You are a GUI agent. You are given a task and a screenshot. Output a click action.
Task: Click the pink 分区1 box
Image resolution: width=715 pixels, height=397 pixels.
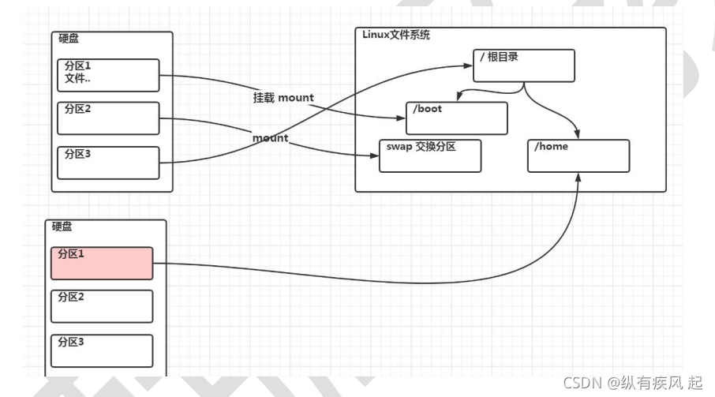[102, 263]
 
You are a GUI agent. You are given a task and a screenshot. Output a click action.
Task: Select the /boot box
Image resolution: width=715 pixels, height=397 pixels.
[456, 118]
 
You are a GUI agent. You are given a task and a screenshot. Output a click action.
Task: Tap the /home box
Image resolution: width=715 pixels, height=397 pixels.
[578, 155]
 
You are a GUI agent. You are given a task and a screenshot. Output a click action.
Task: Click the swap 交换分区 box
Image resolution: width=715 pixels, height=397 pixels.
[430, 155]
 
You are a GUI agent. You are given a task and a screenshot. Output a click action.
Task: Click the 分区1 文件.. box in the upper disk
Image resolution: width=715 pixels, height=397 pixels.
[108, 76]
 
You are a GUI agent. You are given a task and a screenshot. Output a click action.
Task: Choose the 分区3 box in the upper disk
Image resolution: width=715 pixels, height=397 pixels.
[108, 163]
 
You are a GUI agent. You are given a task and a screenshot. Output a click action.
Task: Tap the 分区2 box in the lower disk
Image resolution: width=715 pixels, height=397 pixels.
[102, 306]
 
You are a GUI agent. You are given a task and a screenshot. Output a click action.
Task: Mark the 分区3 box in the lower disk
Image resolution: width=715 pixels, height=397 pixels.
[102, 350]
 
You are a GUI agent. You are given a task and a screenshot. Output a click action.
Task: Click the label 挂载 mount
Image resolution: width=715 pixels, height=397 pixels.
[283, 98]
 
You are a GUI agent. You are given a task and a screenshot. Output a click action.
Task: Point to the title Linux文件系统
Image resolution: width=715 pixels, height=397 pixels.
[396, 35]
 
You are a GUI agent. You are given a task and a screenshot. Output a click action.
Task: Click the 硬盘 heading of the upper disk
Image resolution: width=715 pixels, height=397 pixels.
[69, 39]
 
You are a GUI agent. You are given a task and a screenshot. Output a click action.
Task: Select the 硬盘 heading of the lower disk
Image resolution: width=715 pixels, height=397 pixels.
[63, 227]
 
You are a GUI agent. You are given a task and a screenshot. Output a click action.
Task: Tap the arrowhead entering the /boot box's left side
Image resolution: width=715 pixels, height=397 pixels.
[401, 119]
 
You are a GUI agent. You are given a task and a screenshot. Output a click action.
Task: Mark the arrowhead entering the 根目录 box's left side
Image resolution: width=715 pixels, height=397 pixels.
[469, 66]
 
